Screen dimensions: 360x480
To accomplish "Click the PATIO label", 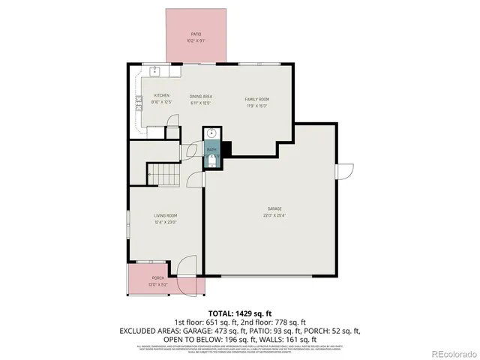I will pos(196,34).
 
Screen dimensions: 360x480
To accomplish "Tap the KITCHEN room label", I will pos(161,95).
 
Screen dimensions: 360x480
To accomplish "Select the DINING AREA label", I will pos(200,96).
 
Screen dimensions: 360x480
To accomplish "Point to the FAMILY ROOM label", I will pos(256,99).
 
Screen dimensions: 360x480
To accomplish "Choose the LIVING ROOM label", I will pos(165,215).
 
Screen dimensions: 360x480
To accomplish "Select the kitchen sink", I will pos(155,71).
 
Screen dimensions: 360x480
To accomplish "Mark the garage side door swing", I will pos(343,171).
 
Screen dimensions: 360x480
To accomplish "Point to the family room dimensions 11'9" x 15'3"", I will pos(256,106).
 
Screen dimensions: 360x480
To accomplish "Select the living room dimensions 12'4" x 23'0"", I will pos(165,222).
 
